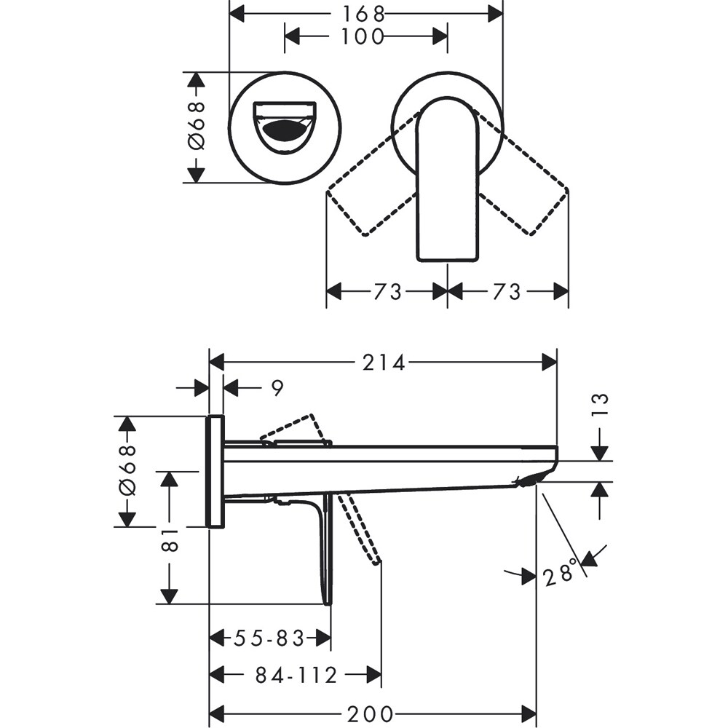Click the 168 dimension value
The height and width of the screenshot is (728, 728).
(x=366, y=13)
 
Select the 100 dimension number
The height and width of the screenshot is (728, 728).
(x=365, y=36)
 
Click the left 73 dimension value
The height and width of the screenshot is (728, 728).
(x=387, y=291)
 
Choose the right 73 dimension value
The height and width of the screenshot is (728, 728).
(x=507, y=291)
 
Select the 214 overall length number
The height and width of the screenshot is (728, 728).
(x=384, y=362)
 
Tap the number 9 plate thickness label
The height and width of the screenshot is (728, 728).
(x=277, y=388)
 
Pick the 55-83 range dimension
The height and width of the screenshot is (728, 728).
(x=268, y=638)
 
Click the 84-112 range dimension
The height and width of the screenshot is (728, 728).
(x=296, y=676)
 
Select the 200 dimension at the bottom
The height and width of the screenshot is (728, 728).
(x=373, y=714)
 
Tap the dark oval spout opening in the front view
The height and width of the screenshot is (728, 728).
(x=285, y=132)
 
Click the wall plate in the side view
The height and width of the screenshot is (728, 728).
(x=215, y=471)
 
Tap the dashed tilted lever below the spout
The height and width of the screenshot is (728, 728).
(x=360, y=528)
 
